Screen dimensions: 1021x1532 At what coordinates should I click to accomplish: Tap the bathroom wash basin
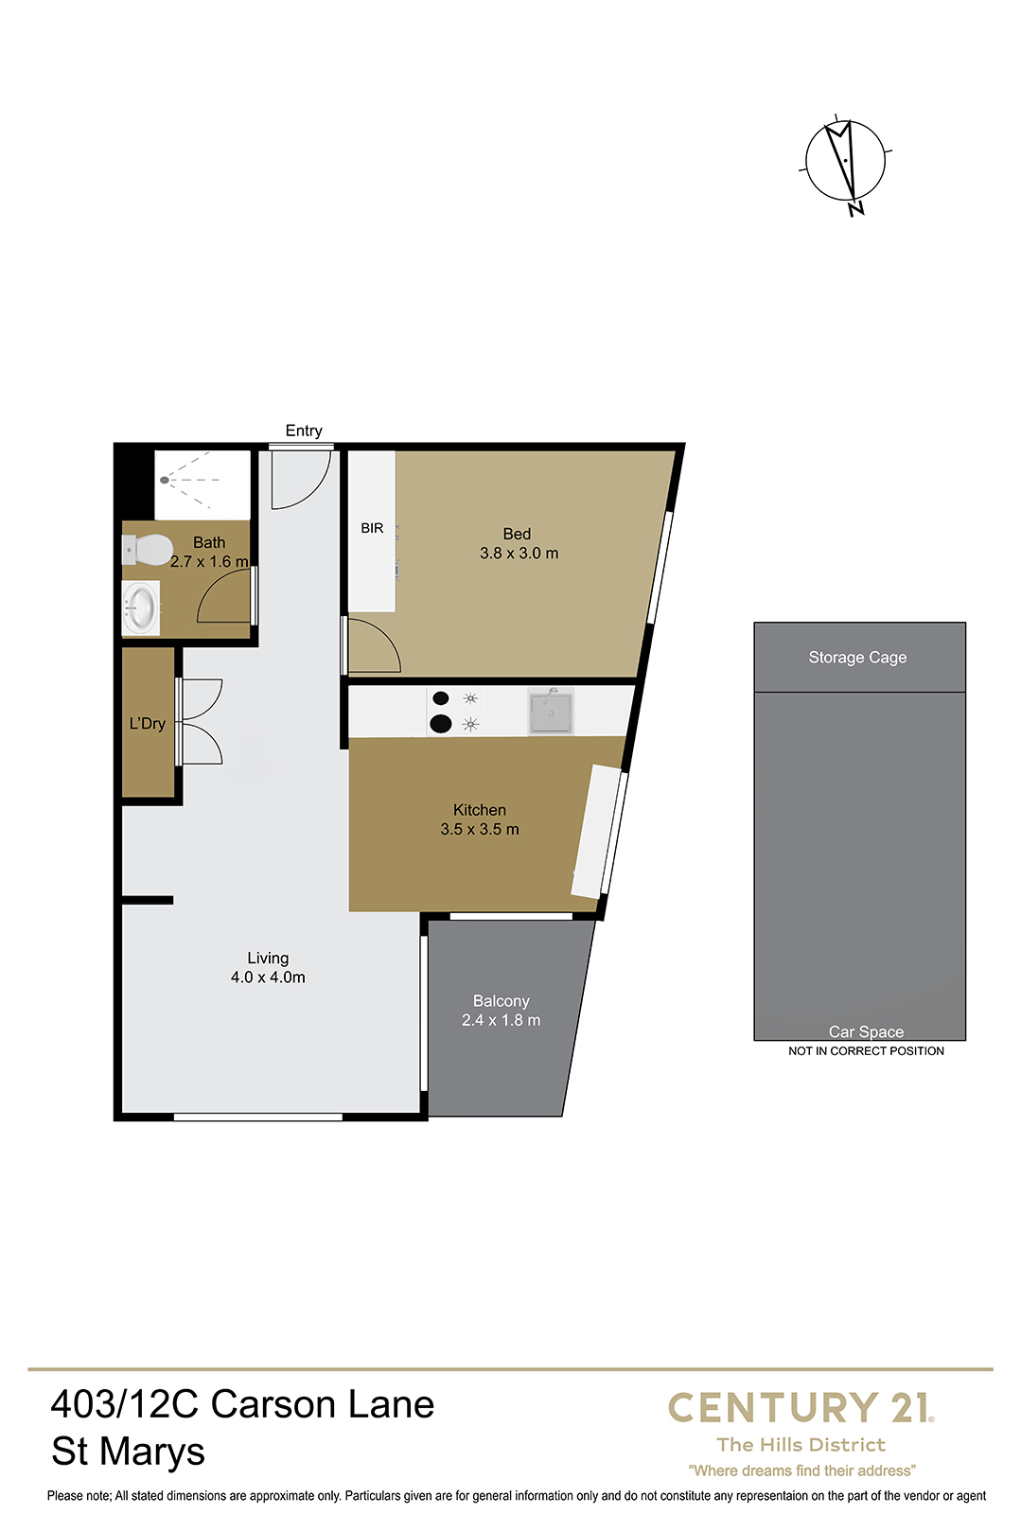click(141, 608)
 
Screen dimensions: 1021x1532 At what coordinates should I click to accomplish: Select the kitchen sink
click(550, 712)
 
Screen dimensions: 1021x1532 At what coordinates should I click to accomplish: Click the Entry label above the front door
click(304, 431)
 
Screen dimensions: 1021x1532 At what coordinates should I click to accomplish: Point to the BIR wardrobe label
click(372, 528)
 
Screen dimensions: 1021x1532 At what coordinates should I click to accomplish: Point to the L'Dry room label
click(147, 724)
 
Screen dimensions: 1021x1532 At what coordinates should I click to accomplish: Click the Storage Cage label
click(857, 658)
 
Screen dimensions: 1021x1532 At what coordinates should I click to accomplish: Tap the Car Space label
click(866, 1031)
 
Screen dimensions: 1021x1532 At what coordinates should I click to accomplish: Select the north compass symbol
click(846, 163)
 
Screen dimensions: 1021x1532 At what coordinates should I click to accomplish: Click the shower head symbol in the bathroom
click(164, 480)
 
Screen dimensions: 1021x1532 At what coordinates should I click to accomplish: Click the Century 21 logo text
click(801, 1408)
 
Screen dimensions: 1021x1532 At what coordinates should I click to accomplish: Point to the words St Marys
click(128, 1453)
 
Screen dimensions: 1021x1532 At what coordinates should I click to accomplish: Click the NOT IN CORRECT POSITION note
click(866, 1051)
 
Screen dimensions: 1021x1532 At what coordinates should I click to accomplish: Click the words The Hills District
click(801, 1445)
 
